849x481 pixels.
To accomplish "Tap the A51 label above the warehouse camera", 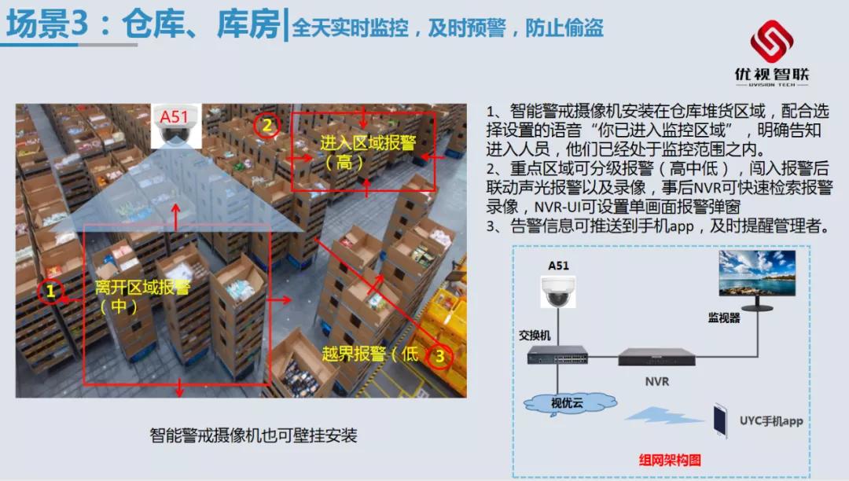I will (x=174, y=118).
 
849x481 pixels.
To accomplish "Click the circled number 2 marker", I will (x=267, y=124).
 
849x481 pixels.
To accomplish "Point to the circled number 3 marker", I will (x=439, y=355).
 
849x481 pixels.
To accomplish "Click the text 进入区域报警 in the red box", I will (x=368, y=143).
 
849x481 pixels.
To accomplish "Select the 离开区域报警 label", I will (x=142, y=288).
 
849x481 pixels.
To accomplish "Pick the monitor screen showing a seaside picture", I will (x=756, y=273).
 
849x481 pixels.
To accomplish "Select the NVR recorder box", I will (x=656, y=357).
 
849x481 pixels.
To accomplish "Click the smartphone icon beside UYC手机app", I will (x=720, y=420).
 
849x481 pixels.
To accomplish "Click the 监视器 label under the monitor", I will (x=722, y=317).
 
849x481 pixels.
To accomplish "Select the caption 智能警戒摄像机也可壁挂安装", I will (x=253, y=434).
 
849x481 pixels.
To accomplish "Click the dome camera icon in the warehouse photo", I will (x=174, y=138).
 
